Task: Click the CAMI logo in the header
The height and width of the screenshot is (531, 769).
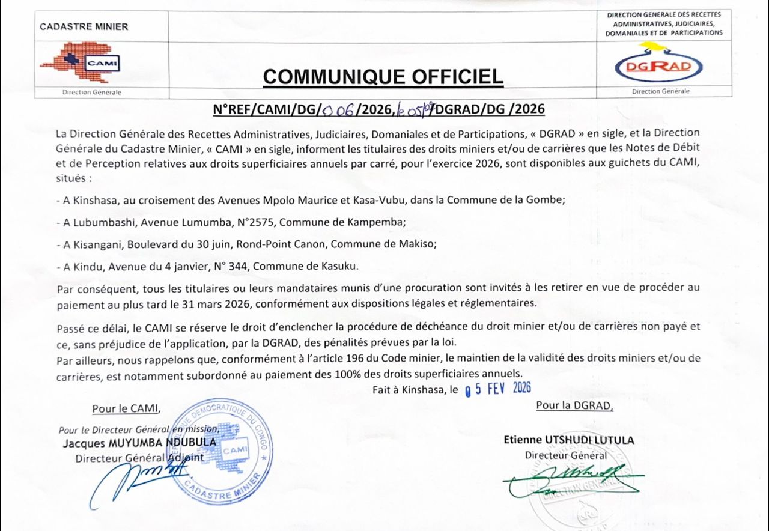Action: [80, 62]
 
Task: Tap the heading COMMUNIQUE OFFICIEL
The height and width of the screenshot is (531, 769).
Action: [383, 77]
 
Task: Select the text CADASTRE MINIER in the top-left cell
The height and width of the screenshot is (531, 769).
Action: [84, 26]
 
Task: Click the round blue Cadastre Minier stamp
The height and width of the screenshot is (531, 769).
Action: [219, 451]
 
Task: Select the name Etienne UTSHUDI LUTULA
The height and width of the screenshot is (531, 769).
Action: [568, 440]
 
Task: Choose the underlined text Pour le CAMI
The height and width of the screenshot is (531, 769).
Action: [126, 409]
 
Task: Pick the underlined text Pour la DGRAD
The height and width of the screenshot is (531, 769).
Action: [574, 405]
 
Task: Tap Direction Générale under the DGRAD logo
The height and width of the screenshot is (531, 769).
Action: [660, 91]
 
